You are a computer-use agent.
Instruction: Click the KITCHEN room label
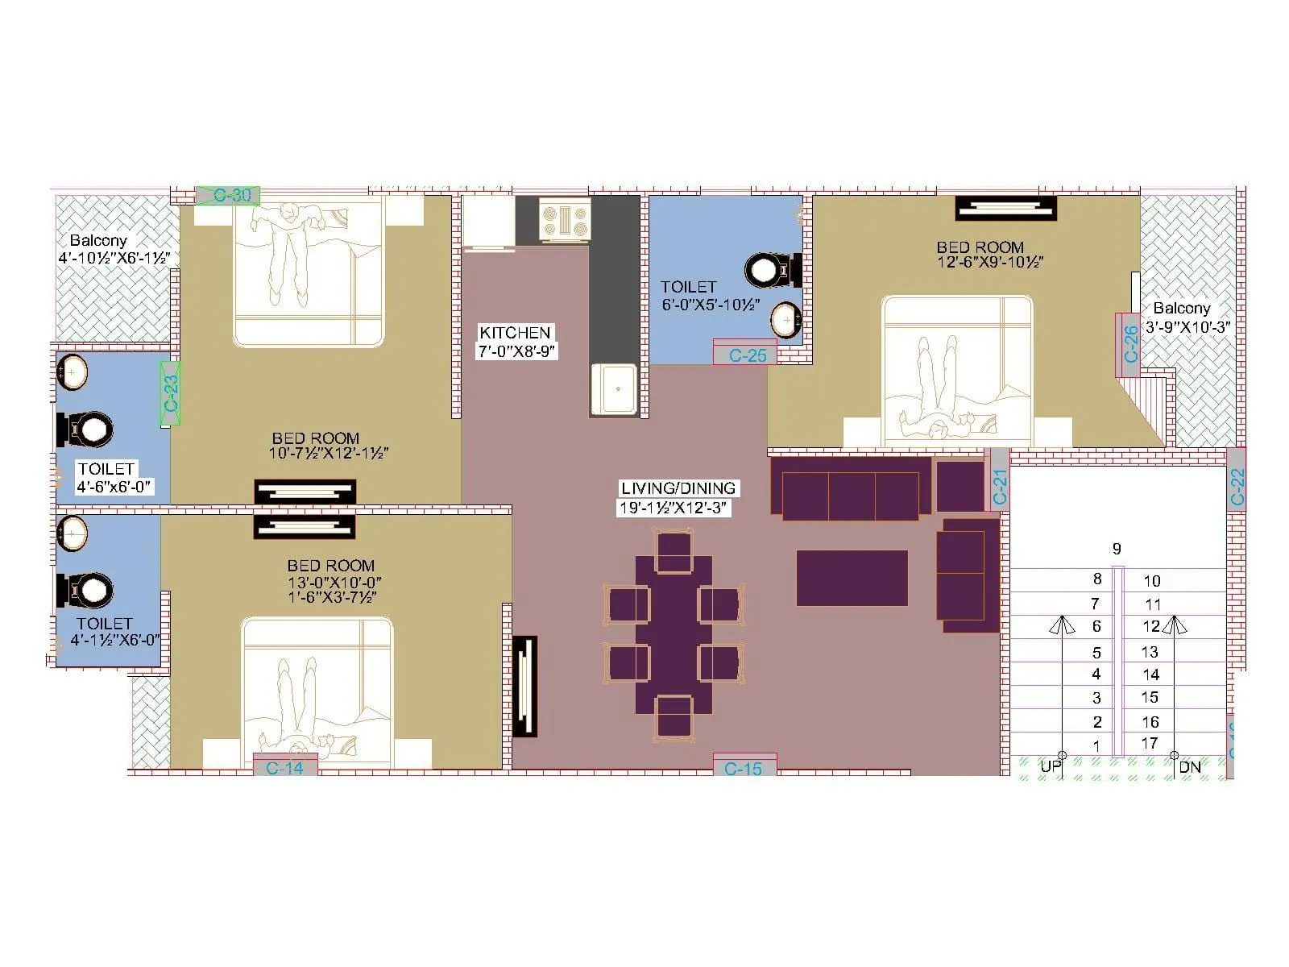point(515,333)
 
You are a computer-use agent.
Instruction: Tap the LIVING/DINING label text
point(678,488)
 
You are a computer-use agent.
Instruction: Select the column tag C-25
point(747,355)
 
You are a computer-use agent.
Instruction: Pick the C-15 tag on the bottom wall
point(743,769)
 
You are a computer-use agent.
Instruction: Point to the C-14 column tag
point(284,768)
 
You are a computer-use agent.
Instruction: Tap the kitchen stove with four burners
point(565,219)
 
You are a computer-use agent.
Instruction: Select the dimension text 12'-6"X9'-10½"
point(990,263)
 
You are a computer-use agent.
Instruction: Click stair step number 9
point(1117,549)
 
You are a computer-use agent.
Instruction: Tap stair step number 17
point(1150,743)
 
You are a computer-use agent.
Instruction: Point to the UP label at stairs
point(1050,767)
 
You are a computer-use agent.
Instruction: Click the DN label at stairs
point(1190,767)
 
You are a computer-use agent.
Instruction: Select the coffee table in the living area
point(852,578)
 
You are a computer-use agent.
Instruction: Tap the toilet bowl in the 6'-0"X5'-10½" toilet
point(769,270)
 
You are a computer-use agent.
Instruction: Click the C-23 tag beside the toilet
point(171,393)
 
